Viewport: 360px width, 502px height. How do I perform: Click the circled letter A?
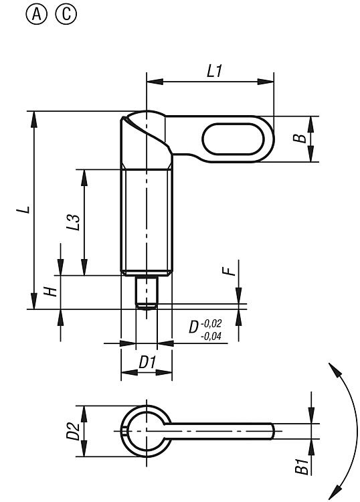[x=37, y=15]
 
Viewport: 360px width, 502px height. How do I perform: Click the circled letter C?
[x=66, y=15]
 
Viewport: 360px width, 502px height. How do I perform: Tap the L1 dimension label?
[x=214, y=71]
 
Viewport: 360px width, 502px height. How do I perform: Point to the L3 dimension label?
[x=73, y=222]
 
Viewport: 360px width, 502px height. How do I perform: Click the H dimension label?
[x=50, y=291]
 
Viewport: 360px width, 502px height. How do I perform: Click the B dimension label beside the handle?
[x=300, y=139]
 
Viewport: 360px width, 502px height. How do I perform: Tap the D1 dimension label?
[x=147, y=363]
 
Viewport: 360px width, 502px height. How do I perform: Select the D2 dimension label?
[x=73, y=431]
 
